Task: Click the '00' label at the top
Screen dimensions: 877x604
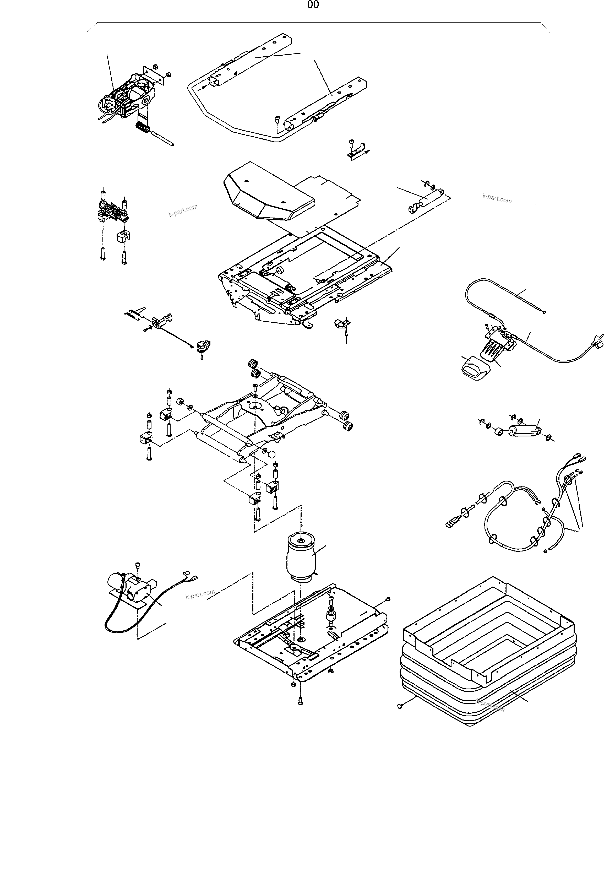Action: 313,5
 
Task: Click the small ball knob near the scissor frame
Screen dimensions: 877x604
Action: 271,453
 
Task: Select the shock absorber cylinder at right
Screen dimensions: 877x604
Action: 524,430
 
